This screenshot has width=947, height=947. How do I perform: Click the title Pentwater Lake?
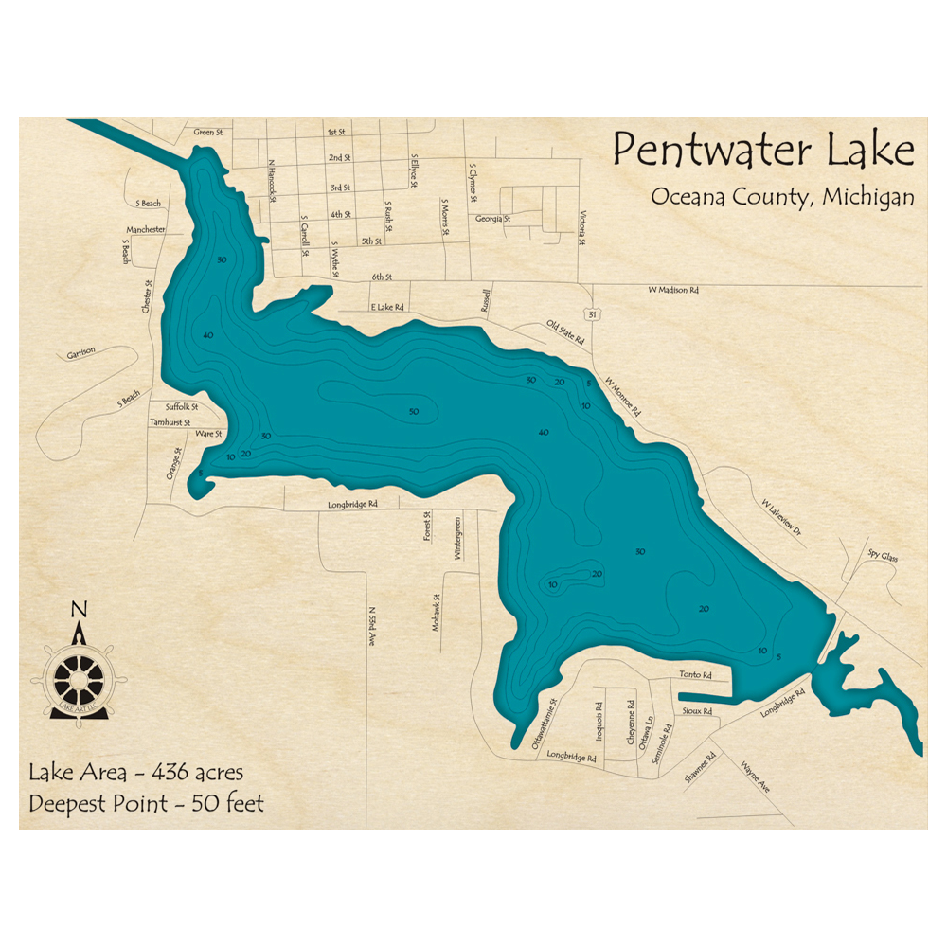click(x=763, y=151)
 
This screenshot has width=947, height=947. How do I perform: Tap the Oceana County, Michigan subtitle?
click(x=782, y=197)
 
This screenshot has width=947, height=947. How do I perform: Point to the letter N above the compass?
click(x=80, y=609)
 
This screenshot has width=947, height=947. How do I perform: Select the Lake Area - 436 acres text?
click(x=135, y=771)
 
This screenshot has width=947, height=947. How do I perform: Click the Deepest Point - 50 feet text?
click(x=147, y=803)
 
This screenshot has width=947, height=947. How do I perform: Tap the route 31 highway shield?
click(x=591, y=313)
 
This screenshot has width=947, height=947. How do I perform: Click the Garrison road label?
click(x=80, y=353)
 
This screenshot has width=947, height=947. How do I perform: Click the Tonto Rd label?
click(x=694, y=674)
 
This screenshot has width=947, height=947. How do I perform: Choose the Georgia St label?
click(x=492, y=219)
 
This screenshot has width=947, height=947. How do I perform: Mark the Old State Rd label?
click(x=565, y=331)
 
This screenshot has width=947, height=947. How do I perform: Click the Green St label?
click(x=206, y=133)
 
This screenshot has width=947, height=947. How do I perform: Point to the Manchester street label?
click(x=146, y=230)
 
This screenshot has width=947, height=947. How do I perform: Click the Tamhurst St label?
click(x=170, y=422)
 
